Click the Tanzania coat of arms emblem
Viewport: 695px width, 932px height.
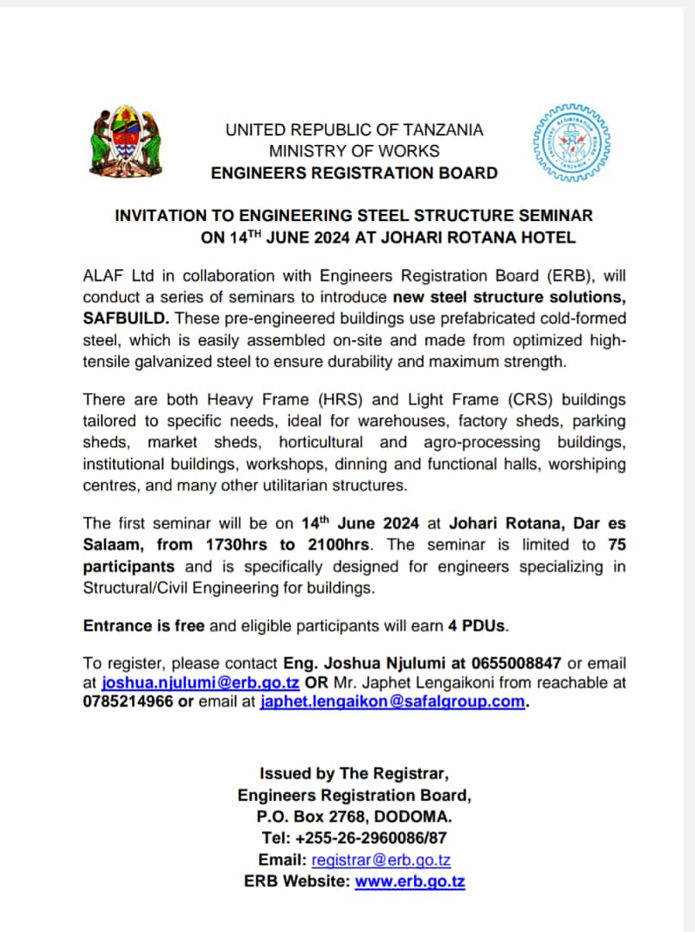(124, 142)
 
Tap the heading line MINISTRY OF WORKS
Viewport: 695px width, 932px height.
(354, 151)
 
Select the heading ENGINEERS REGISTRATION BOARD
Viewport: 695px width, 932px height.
(354, 173)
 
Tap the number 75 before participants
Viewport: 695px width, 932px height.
(617, 545)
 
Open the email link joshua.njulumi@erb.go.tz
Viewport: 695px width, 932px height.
(201, 682)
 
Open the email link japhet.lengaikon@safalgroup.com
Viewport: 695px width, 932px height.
(392, 701)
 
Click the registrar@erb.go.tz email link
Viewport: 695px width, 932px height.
(381, 860)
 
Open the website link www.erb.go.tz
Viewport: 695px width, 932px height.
(410, 881)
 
